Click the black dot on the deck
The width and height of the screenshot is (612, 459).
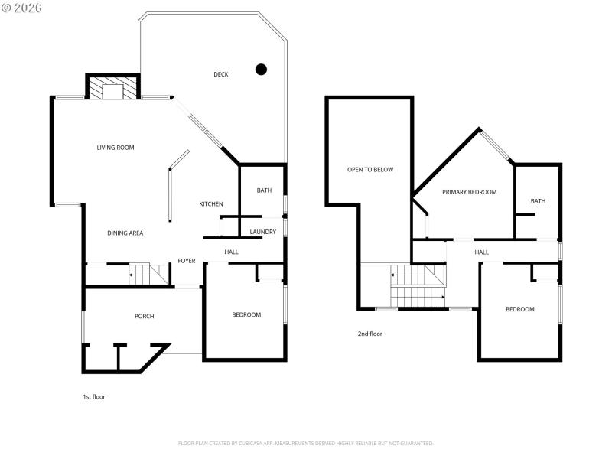pyautogui.click(x=261, y=70)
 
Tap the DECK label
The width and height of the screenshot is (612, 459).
pyautogui.click(x=221, y=74)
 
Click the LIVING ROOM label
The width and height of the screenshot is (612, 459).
pyautogui.click(x=116, y=148)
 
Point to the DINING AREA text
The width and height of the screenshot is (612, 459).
pyautogui.click(x=125, y=233)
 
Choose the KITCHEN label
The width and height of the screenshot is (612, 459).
pyautogui.click(x=211, y=204)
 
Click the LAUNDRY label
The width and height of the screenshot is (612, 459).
pyautogui.click(x=262, y=232)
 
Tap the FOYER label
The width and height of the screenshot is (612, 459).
pyautogui.click(x=187, y=261)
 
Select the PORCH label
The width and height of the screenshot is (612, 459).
pyautogui.click(x=145, y=316)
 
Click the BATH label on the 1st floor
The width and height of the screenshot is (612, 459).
pyautogui.click(x=264, y=190)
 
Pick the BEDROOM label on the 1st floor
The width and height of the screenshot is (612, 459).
pyautogui.click(x=246, y=314)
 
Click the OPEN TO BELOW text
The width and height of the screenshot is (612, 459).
pyautogui.click(x=370, y=170)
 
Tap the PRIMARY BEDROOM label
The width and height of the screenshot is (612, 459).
pyautogui.click(x=470, y=192)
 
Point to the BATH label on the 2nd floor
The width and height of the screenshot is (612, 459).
pyautogui.click(x=539, y=201)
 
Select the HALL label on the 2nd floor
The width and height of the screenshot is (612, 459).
pyautogui.click(x=481, y=252)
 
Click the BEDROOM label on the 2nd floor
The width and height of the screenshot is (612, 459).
pyautogui.click(x=519, y=309)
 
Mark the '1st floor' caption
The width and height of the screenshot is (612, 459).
pyautogui.click(x=94, y=397)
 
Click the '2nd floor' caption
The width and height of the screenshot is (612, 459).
pyautogui.click(x=369, y=334)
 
